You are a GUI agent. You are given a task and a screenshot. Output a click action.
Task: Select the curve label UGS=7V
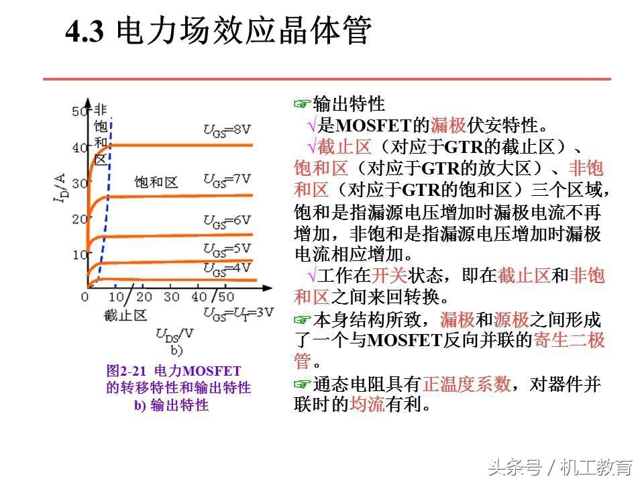click(x=228, y=179)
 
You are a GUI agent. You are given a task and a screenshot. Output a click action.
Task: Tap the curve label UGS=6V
click(x=228, y=220)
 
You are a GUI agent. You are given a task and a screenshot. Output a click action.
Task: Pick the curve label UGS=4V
click(x=227, y=268)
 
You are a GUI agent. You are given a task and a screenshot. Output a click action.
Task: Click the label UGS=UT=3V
click(x=238, y=312)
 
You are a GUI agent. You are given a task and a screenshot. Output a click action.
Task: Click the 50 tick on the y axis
click(x=80, y=111)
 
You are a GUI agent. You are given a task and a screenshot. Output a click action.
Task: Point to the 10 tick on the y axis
click(x=80, y=254)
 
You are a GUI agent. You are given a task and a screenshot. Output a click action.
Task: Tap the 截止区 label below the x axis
click(x=125, y=315)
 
